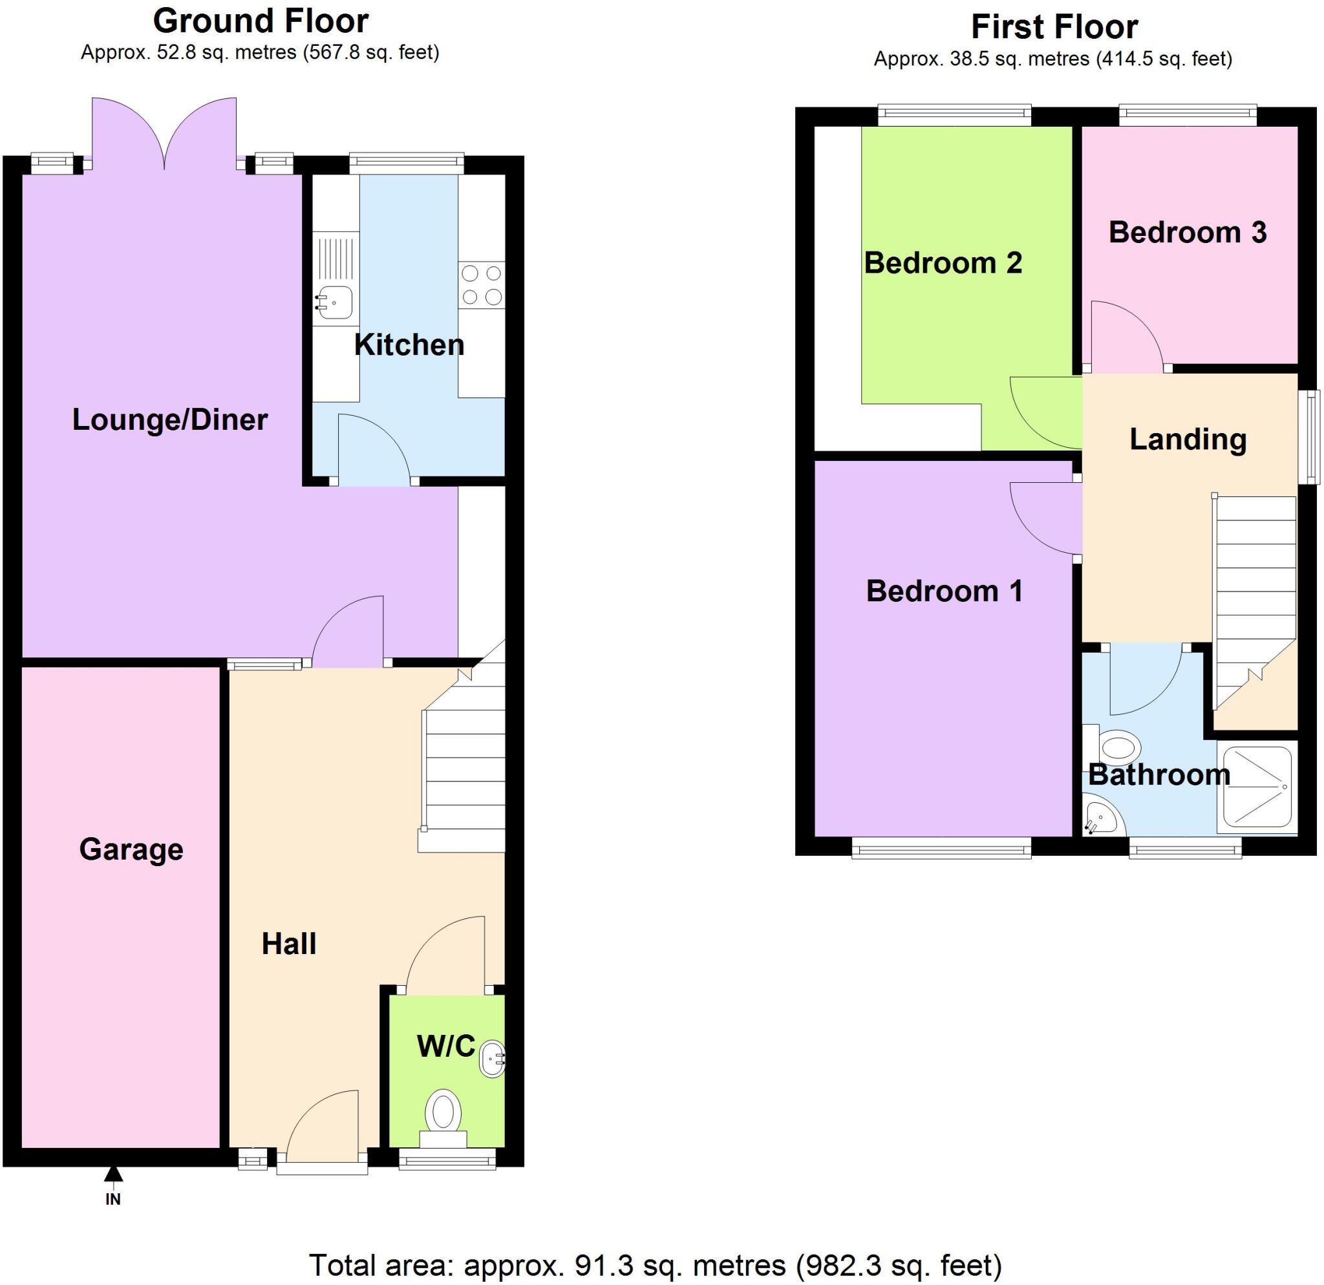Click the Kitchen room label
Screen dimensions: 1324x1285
click(x=409, y=345)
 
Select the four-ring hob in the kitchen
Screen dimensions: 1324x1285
click(x=482, y=285)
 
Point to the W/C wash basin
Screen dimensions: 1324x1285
click(x=492, y=1059)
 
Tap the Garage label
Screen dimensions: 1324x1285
click(x=131, y=849)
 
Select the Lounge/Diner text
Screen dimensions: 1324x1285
click(x=169, y=419)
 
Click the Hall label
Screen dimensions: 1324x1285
click(x=288, y=943)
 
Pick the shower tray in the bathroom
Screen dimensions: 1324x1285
click(x=1257, y=788)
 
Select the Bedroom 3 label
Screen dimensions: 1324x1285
click(x=1187, y=232)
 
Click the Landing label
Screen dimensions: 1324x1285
click(x=1188, y=440)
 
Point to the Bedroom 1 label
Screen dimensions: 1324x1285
click(x=944, y=591)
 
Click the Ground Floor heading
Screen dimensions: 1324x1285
click(x=261, y=21)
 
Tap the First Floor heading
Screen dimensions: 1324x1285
click(x=1054, y=27)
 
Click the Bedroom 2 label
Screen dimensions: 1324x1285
click(x=943, y=262)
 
